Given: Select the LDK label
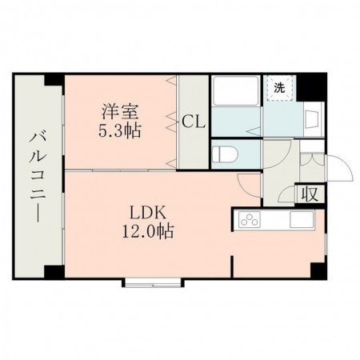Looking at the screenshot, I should pyautogui.click(x=148, y=214).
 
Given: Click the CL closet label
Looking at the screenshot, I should pyautogui.click(x=193, y=122).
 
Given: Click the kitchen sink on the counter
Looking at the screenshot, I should pyautogui.click(x=302, y=218).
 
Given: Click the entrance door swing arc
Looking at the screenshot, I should pyautogui.click(x=339, y=168).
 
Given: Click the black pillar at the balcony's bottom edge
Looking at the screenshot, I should pyautogui.click(x=54, y=272).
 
